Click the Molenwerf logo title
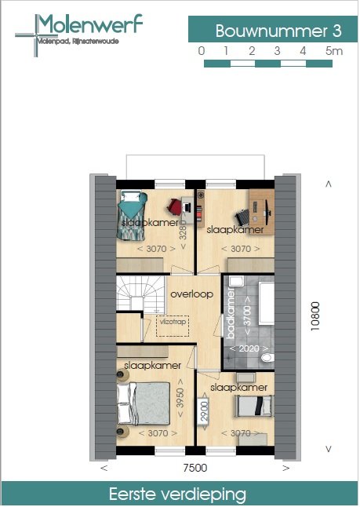[x=90, y=25]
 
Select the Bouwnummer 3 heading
[x=278, y=31]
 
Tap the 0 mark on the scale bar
[x=202, y=51]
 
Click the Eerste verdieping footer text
[x=180, y=494]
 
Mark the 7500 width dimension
[x=195, y=469]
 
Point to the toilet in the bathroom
[x=267, y=358]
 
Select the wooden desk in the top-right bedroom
[x=261, y=211]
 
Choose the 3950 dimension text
[x=181, y=399]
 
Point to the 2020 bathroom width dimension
[x=249, y=347]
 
